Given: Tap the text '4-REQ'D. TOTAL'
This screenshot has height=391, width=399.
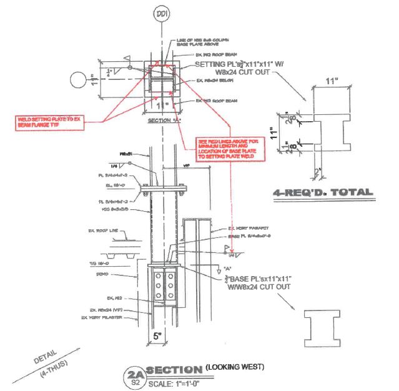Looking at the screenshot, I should [323, 192].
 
